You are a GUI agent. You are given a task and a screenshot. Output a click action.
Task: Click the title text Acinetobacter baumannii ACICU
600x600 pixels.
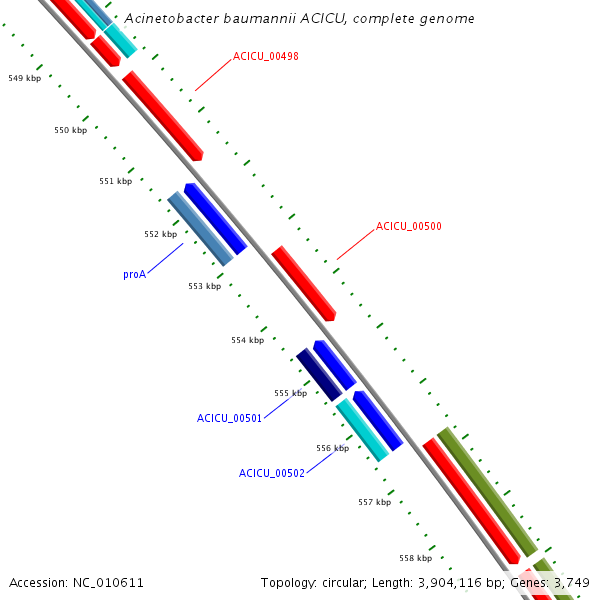pos(299,19)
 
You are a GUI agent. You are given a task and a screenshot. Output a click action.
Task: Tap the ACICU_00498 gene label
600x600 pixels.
pos(265,55)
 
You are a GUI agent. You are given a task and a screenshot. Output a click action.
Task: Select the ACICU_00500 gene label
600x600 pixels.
pos(409,226)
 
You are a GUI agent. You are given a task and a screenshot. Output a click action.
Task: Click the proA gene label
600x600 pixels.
pos(135,273)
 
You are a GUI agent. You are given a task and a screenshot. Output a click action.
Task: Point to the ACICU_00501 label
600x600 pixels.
pos(229,418)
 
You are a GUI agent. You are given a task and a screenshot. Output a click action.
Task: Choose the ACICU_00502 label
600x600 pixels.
pos(271,473)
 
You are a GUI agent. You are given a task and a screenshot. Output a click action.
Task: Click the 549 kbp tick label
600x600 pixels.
pos(24,77)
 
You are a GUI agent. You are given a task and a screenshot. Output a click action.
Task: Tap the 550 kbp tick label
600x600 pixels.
pos(70,130)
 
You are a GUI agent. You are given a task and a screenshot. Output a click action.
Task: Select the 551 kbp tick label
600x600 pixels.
pos(115,181)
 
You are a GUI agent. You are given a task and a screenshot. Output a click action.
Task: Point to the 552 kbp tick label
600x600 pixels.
pos(160,234)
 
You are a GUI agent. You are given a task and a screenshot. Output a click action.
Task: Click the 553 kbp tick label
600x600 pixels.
pos(204,286)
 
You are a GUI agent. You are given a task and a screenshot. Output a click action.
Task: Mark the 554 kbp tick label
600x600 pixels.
pos(247,340)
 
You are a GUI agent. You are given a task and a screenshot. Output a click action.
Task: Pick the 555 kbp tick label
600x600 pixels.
pos(290,393)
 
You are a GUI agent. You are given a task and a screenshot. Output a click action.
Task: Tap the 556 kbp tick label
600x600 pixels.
pos(332,448)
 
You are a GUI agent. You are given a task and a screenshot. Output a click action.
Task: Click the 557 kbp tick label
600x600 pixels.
pos(374,502)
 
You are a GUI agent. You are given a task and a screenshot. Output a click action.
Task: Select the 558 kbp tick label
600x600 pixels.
pos(415,558)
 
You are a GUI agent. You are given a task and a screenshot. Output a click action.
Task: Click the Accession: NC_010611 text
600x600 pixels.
pos(76,582)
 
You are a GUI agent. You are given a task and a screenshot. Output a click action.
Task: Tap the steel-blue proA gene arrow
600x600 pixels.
pos(200,228)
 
